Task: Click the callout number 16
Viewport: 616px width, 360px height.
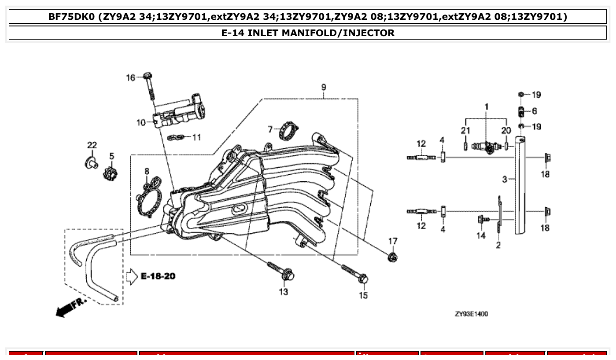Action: [x=130, y=78]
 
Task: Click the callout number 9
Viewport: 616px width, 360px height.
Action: [x=324, y=87]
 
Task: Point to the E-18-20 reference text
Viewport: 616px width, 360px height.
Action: [x=158, y=276]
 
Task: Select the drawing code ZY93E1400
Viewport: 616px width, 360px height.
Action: [x=471, y=314]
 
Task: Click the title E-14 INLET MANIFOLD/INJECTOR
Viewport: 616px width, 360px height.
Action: [x=308, y=33]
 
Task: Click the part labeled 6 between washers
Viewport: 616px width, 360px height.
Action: [x=521, y=111]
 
